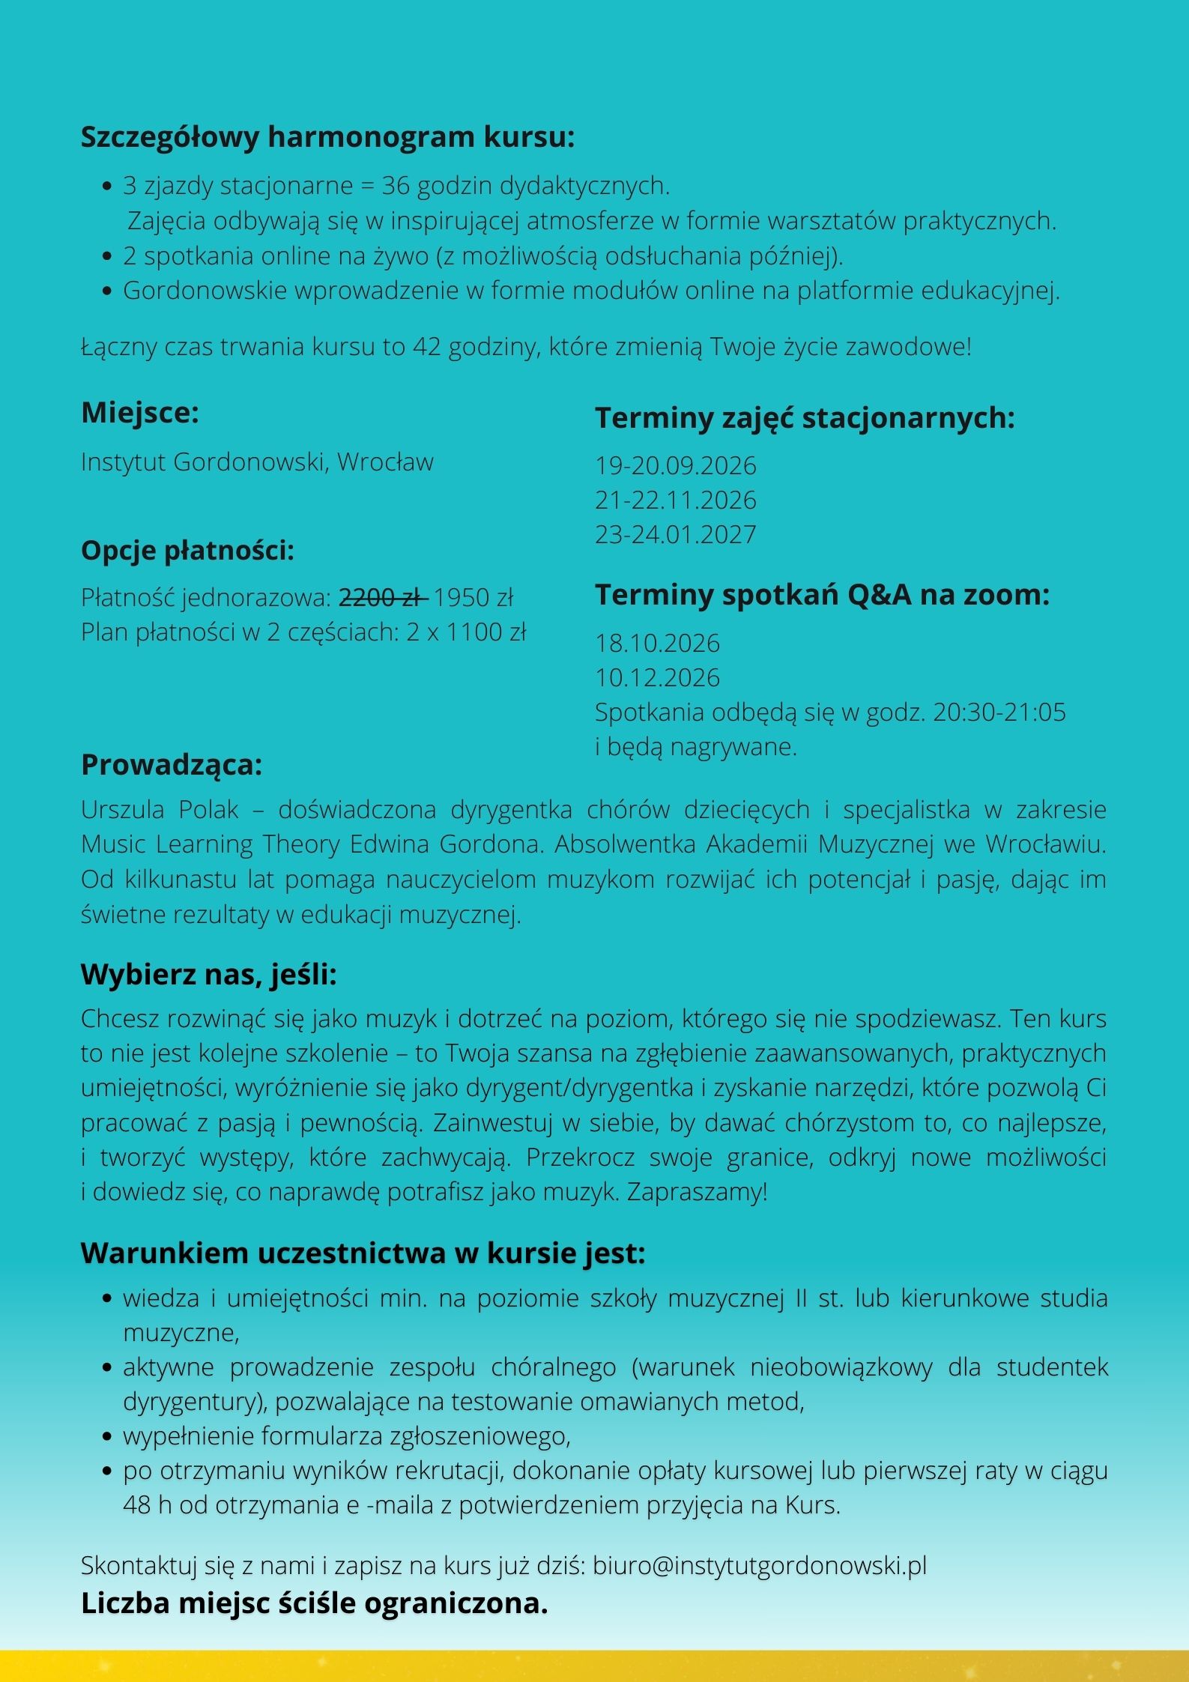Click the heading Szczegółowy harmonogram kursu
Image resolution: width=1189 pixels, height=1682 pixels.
coord(327,138)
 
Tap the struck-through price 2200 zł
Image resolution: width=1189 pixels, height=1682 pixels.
coord(383,598)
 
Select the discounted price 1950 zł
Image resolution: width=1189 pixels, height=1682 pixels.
coord(474,598)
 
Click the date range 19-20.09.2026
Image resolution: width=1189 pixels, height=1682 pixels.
coord(675,466)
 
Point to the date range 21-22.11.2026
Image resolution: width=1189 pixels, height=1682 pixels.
coord(675,500)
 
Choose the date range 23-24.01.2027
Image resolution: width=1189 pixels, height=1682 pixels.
coord(675,535)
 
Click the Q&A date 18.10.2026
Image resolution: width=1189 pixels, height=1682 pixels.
coord(657,644)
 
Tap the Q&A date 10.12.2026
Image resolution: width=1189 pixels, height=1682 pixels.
coord(657,678)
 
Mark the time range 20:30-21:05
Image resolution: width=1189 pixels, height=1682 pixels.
coord(999,713)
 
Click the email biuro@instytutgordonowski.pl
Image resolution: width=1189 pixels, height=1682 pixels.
coord(760,1566)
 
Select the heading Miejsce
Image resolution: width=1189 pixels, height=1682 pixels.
coord(140,413)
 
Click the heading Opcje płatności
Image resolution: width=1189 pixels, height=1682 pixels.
coord(187,551)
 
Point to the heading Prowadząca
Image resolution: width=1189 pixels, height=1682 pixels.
coord(172,765)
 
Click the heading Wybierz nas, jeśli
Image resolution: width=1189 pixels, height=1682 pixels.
coord(209,975)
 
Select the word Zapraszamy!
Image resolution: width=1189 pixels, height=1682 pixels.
coord(697,1192)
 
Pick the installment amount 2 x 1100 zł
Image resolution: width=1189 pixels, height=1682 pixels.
coord(466,632)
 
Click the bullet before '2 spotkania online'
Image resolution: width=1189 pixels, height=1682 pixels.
coord(107,256)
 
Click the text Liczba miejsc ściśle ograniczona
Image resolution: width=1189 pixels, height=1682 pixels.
coord(315,1604)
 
